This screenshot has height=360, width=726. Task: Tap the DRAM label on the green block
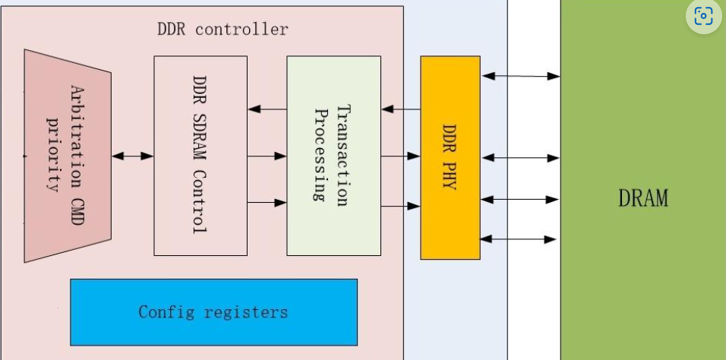(642, 198)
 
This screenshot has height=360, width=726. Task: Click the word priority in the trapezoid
(53, 154)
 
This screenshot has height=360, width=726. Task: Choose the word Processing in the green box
(320, 155)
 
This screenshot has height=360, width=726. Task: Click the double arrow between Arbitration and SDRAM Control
(132, 156)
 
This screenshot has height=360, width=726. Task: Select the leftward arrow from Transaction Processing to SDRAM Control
(267, 109)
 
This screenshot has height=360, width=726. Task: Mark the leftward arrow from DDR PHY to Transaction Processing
(400, 109)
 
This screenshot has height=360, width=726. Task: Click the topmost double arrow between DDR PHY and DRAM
(520, 76)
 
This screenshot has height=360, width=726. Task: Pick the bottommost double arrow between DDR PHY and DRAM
(520, 238)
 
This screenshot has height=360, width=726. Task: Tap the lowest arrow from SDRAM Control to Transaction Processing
(267, 203)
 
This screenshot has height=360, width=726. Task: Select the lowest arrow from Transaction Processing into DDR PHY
(400, 205)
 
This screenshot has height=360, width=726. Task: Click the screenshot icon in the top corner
(703, 16)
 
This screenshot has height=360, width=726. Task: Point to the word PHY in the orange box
(450, 179)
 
